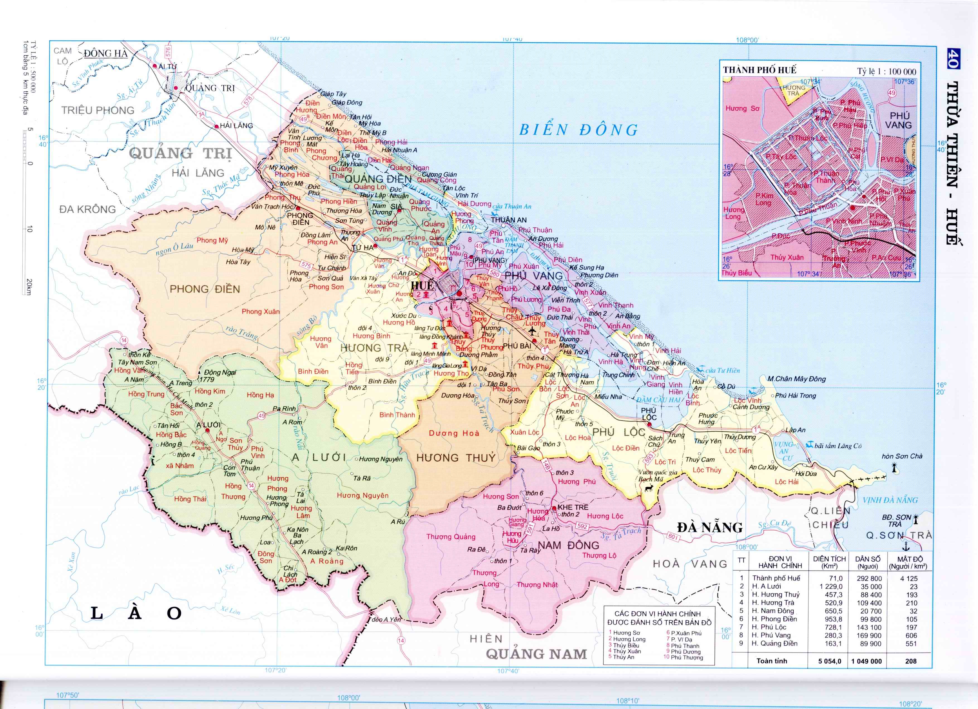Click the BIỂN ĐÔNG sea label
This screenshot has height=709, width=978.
[x=578, y=130]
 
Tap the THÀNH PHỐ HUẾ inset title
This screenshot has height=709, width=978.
[x=759, y=70]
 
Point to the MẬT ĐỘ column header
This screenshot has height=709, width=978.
[x=911, y=562]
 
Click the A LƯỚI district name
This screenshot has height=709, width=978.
[x=319, y=458]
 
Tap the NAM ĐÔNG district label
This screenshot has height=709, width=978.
[x=568, y=545]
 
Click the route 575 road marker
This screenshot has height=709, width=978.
[x=306, y=265]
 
